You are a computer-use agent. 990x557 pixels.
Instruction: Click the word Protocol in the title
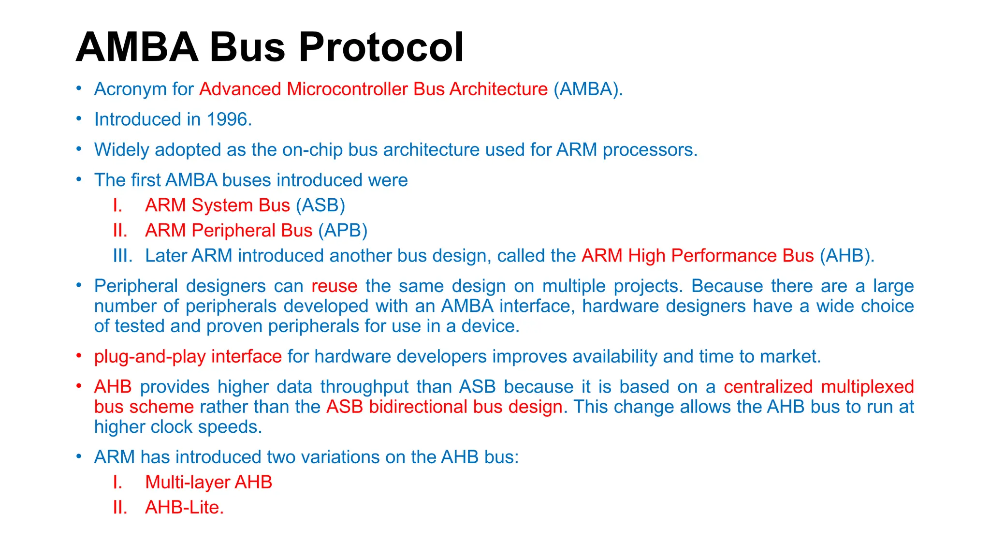[x=382, y=47]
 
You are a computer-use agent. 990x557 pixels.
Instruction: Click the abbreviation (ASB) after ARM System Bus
[x=320, y=205]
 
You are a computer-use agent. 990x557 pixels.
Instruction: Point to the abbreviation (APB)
[x=343, y=230]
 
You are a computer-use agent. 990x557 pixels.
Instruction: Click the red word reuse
[x=334, y=286]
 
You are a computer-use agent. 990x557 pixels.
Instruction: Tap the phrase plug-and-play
[x=150, y=356]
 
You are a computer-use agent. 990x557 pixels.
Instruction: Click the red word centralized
[x=768, y=387]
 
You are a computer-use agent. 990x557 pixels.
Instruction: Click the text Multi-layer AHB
[x=208, y=482]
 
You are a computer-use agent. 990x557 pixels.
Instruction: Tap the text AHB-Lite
[x=184, y=507]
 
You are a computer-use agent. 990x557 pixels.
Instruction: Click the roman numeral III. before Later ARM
[x=122, y=255]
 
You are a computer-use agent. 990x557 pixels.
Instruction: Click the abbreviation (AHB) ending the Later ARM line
[x=846, y=255]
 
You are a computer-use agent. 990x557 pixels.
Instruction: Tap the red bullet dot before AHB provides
[x=78, y=386]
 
